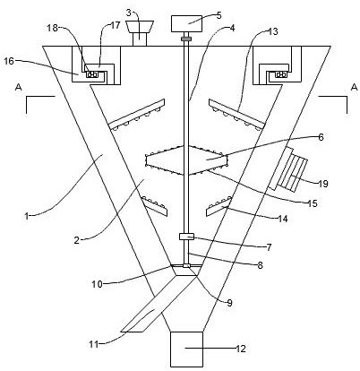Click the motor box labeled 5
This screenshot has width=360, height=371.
[185, 23]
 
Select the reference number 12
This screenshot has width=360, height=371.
[241, 349]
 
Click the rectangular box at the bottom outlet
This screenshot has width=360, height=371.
[186, 349]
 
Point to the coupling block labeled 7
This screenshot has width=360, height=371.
[186, 237]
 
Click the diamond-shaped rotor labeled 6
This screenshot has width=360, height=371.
[186, 160]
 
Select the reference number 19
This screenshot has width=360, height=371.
[322, 184]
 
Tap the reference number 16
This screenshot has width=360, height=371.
[9, 61]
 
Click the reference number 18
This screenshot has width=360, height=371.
[53, 29]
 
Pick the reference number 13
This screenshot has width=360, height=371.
[272, 31]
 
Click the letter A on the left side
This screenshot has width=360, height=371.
[19, 87]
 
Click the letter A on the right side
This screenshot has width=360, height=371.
[354, 87]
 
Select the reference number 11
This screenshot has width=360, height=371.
[94, 344]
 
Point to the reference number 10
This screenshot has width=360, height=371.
[97, 284]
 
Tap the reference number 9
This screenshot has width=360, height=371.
[229, 303]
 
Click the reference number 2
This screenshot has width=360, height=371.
[77, 240]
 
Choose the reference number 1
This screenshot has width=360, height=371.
[27, 216]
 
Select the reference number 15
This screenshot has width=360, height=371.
[313, 203]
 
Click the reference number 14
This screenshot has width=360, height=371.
[283, 219]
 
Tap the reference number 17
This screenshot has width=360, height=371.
[115, 25]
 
